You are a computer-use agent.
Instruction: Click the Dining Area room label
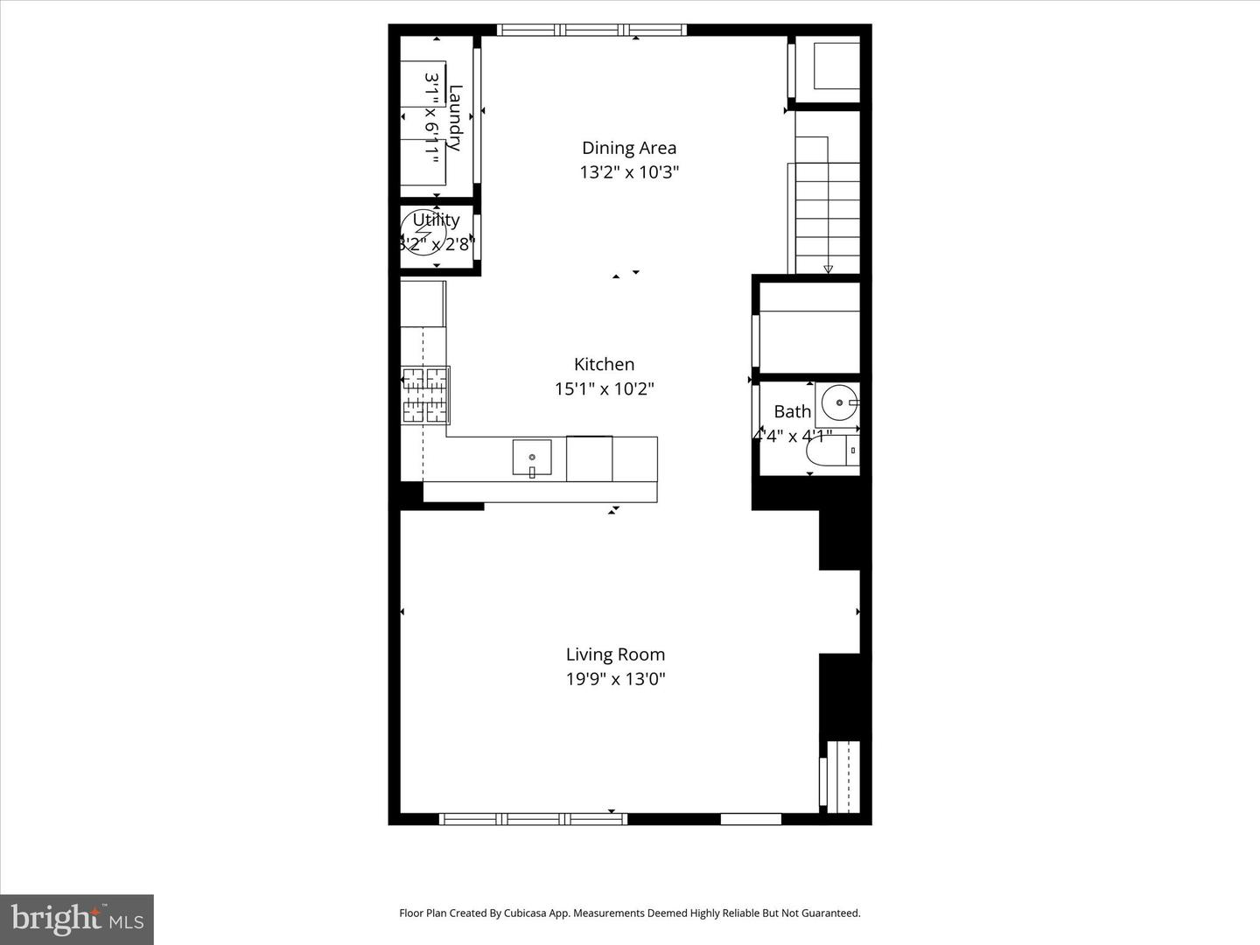click(629, 148)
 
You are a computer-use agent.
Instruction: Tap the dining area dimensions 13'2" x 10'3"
click(629, 172)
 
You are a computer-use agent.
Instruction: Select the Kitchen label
click(604, 364)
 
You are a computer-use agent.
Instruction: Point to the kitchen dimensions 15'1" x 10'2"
click(604, 388)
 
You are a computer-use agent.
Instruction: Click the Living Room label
click(615, 654)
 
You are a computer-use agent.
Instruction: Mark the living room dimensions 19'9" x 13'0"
click(615, 679)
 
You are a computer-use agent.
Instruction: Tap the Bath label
click(792, 411)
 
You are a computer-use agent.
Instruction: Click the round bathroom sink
click(838, 403)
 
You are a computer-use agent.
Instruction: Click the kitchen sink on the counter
click(532, 458)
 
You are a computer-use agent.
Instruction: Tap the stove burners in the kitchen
click(425, 395)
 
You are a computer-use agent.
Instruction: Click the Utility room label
click(436, 220)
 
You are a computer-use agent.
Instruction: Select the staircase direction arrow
click(828, 269)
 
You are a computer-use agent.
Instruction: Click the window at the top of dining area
click(592, 31)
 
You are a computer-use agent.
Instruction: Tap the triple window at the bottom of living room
click(533, 819)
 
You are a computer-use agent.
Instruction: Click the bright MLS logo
click(77, 920)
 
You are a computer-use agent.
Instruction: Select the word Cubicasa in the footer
click(525, 913)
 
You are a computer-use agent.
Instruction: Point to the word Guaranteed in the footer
click(831, 913)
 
